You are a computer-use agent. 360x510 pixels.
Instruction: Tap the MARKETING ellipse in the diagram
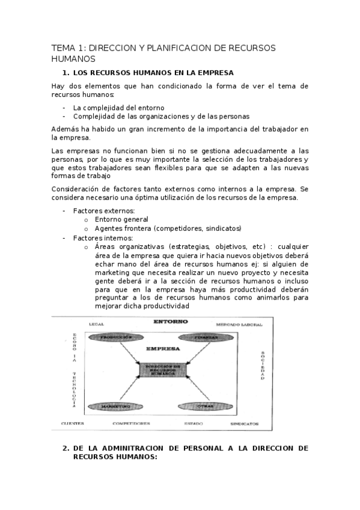pyautogui.click(x=116, y=407)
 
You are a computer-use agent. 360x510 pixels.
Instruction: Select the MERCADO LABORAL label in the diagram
pyautogui.click(x=239, y=325)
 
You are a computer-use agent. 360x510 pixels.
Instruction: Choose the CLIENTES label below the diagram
pyautogui.click(x=72, y=423)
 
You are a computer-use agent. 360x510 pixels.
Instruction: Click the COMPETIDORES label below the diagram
pyautogui.click(x=131, y=423)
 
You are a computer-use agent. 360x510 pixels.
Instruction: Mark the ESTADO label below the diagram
pyautogui.click(x=193, y=423)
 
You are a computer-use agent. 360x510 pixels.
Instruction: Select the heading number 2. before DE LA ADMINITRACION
pyautogui.click(x=66, y=448)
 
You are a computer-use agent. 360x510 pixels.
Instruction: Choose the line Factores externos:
pyautogui.click(x=103, y=210)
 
